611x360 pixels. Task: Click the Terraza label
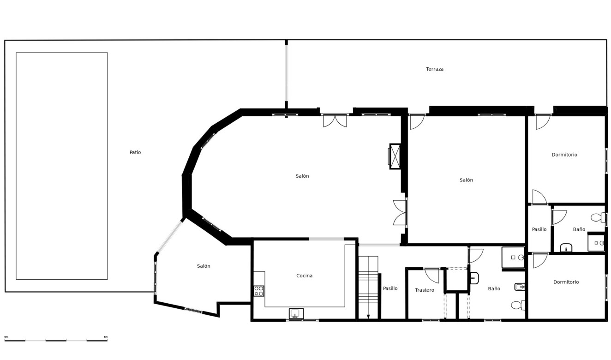pyautogui.click(x=434, y=69)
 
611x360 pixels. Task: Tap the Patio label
pyautogui.click(x=135, y=152)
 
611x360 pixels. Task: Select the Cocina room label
pyautogui.click(x=304, y=276)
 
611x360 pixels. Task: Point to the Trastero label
pyautogui.click(x=424, y=290)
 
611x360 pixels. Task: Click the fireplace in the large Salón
pyautogui.click(x=395, y=156)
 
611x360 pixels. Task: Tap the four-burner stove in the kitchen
pyautogui.click(x=259, y=291)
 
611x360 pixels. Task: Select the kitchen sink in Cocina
pyautogui.click(x=296, y=313)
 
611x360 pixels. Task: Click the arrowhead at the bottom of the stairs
pyautogui.click(x=368, y=317)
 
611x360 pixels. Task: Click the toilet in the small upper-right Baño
pyautogui.click(x=597, y=217)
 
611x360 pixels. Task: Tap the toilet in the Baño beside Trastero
pyautogui.click(x=518, y=305)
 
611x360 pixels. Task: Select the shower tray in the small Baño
pyautogui.click(x=596, y=243)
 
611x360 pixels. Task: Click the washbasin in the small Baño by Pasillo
pyautogui.click(x=566, y=248)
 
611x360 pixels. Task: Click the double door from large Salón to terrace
pyautogui.click(x=335, y=120)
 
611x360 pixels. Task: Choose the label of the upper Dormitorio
pyautogui.click(x=564, y=155)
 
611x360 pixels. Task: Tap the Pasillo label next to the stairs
pyautogui.click(x=390, y=288)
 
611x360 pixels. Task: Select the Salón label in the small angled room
pyautogui.click(x=204, y=266)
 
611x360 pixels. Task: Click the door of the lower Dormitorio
pyautogui.click(x=539, y=261)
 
